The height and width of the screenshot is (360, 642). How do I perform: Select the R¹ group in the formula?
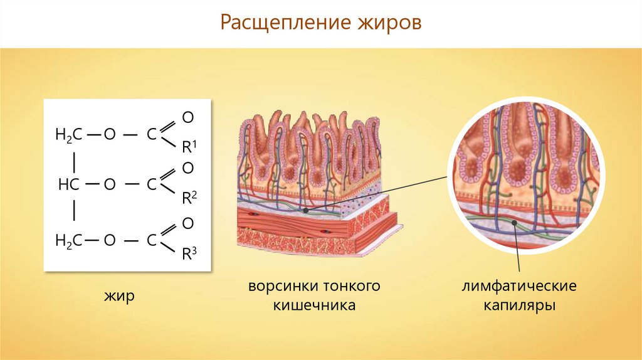coord(189,148)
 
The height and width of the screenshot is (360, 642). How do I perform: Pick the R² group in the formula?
coord(189,198)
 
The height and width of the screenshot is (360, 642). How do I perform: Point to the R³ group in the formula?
coord(189,253)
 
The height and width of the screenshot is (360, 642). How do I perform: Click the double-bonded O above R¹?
coord(187,117)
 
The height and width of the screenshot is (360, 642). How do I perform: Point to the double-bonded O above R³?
coord(187,223)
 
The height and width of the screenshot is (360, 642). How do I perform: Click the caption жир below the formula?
coord(119,295)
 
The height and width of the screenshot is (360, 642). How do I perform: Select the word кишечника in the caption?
coord(314,306)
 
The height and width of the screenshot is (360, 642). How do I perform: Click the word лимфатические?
coord(519,287)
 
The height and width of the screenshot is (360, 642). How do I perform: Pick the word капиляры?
coord(519,306)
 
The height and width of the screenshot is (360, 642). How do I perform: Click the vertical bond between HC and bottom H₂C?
coord(75,211)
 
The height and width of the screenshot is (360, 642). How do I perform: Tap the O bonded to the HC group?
coord(110,184)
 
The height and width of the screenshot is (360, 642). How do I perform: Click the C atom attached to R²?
coord(151,184)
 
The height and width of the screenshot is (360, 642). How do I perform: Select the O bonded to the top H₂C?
coord(110,134)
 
